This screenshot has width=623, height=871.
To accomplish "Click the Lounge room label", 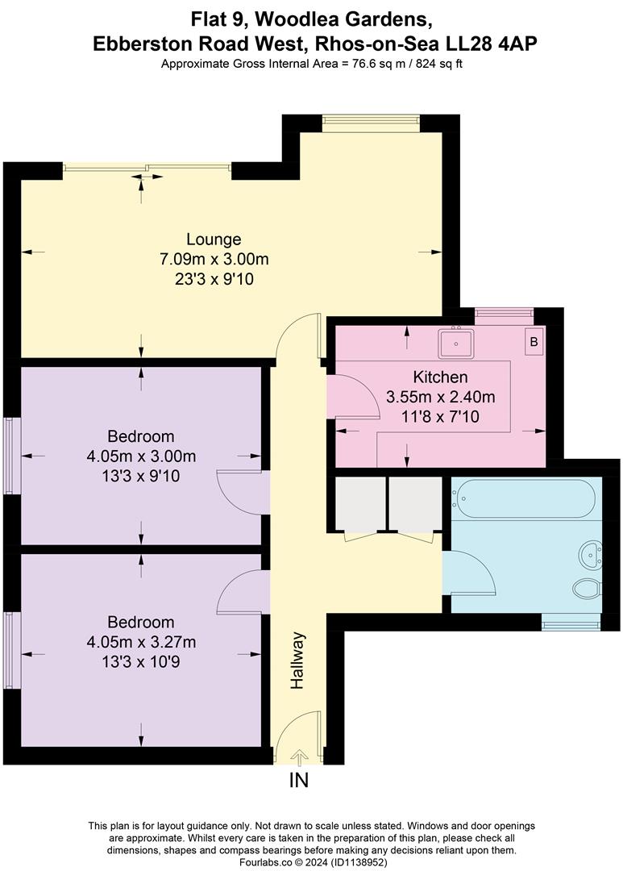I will click(x=214, y=240).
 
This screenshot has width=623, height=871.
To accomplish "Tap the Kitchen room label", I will click(x=440, y=377).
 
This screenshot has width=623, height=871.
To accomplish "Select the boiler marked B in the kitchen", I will click(x=533, y=341).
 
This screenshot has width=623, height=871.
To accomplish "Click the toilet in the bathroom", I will click(x=588, y=589).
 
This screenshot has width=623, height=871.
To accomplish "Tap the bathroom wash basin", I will click(x=591, y=553).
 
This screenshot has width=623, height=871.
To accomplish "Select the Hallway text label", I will click(x=298, y=661).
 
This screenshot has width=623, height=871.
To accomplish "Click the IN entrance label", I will click(x=299, y=781).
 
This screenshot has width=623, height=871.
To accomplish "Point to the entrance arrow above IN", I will click(x=299, y=757).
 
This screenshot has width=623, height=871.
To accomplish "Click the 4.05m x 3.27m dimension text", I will click(x=142, y=642).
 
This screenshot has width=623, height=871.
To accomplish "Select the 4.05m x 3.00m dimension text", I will click(x=142, y=456).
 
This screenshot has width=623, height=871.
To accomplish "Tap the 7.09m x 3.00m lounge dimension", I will click(x=214, y=260).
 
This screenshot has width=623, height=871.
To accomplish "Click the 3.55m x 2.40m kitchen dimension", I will click(x=440, y=397).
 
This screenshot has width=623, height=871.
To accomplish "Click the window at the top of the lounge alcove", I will click(x=371, y=123).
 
